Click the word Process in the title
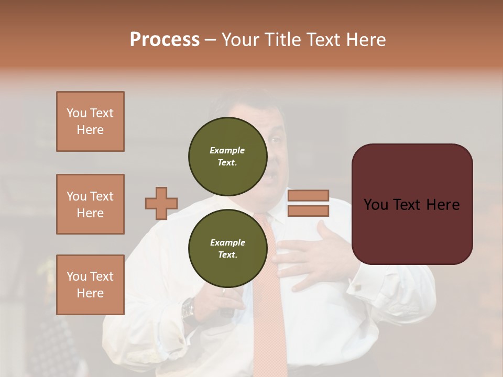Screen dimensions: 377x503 (165, 40)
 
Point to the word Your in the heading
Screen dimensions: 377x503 (240, 40)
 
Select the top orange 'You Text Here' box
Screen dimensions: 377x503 (90, 121)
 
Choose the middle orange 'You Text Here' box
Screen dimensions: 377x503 (90, 204)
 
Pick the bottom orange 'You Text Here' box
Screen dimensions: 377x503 (90, 285)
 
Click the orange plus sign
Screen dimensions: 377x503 (161, 204)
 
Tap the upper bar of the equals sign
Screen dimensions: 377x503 (308, 195)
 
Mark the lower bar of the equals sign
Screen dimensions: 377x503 (308, 211)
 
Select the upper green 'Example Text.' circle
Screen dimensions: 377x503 (227, 157)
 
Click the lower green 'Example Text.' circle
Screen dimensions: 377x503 (227, 249)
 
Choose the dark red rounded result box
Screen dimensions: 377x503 (412, 204)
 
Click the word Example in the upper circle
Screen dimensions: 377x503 (227, 150)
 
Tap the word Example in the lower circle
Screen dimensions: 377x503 (227, 242)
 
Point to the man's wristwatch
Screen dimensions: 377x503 (188, 310)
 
